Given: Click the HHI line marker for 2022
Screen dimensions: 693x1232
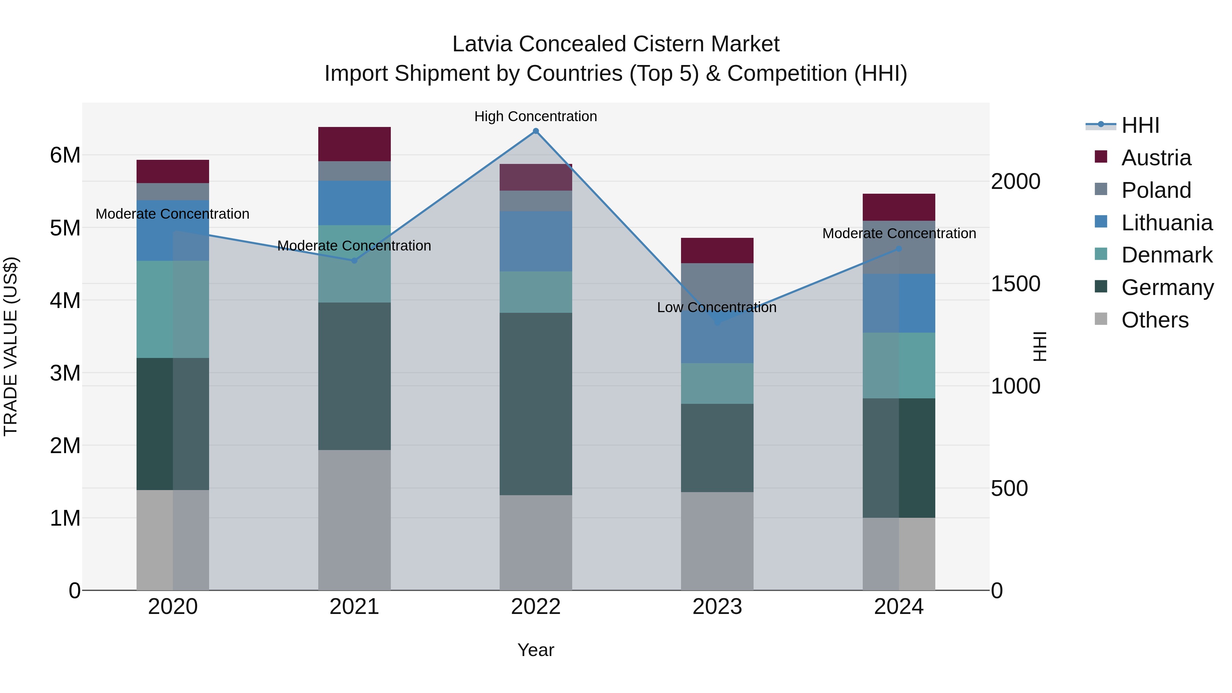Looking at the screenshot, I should (x=536, y=131).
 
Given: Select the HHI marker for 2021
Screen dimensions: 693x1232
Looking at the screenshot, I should (x=355, y=261).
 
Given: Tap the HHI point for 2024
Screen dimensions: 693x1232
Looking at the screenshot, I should (x=899, y=249).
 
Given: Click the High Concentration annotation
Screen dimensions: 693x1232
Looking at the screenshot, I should (x=536, y=116).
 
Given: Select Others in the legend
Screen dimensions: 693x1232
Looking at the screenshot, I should (x=1155, y=320).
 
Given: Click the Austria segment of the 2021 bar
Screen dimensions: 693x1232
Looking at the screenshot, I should (x=355, y=144).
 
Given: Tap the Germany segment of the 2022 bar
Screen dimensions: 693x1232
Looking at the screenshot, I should (x=536, y=404).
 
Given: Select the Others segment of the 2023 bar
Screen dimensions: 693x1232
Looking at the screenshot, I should (x=717, y=541).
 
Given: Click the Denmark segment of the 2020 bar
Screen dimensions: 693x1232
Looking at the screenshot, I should (x=173, y=309).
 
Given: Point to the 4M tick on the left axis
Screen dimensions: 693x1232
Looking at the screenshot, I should (x=65, y=301).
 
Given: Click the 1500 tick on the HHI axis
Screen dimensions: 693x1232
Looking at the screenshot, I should (x=1015, y=284).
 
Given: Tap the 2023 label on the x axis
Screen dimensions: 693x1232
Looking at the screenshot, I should (x=717, y=607).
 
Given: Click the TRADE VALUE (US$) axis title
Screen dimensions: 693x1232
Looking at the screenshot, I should (x=11, y=346).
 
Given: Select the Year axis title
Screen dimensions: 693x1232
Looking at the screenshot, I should (x=536, y=650).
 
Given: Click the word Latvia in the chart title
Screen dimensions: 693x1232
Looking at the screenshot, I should (x=483, y=44).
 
